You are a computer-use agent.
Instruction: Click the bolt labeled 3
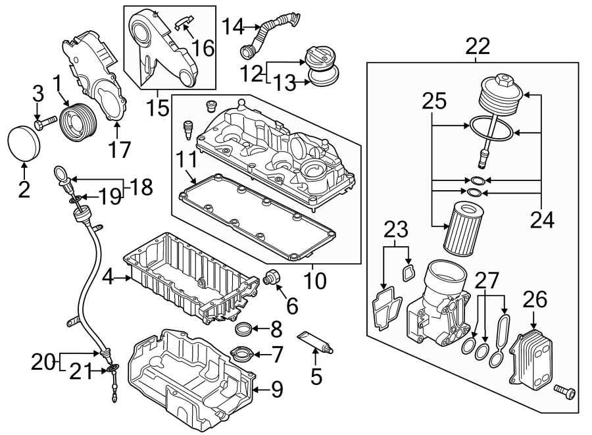(x=43, y=124)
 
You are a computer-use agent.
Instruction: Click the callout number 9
(x=276, y=390)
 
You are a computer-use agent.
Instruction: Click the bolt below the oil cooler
(x=564, y=393)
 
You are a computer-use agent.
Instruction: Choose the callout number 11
(x=186, y=160)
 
